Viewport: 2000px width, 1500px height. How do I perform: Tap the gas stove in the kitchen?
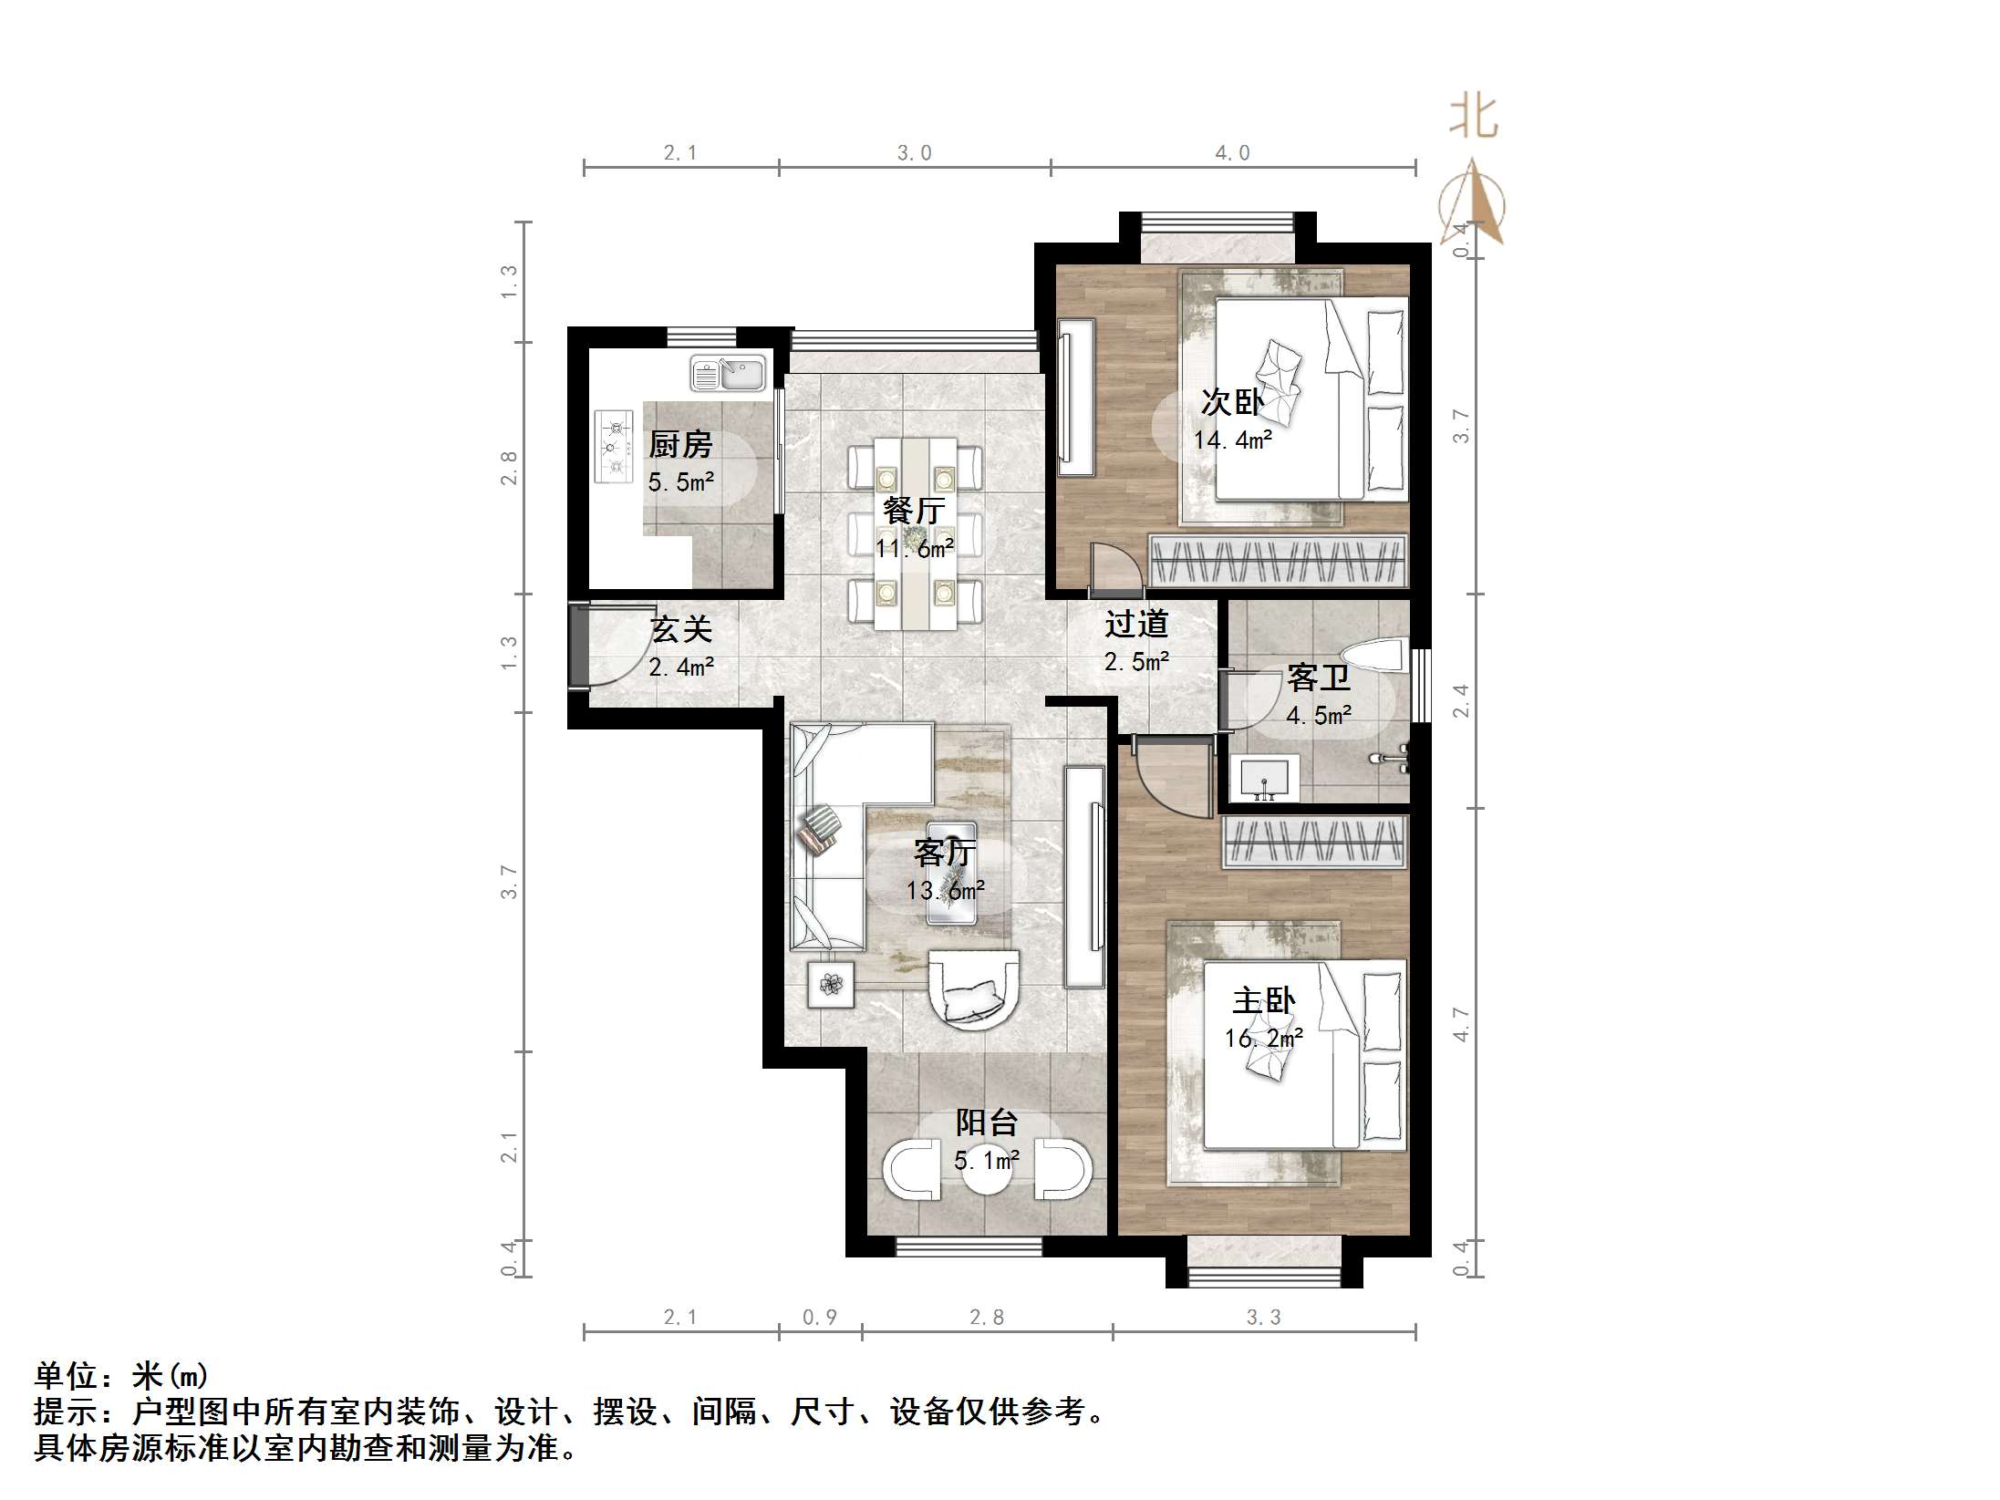click(x=614, y=446)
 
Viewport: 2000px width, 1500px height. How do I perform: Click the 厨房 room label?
click(x=679, y=445)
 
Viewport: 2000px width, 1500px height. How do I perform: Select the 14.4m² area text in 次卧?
click(x=1232, y=440)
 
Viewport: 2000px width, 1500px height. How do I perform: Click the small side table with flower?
click(x=831, y=984)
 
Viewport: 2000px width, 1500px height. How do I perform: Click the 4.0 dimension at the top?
click(x=1232, y=153)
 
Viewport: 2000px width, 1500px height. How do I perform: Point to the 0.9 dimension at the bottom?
click(x=819, y=1317)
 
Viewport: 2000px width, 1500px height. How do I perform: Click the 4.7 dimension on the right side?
click(x=1461, y=1023)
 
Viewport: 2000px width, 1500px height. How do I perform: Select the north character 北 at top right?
click(x=1473, y=118)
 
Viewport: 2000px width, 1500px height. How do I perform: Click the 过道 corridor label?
click(x=1136, y=624)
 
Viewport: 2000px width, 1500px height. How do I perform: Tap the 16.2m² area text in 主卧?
click(x=1263, y=1039)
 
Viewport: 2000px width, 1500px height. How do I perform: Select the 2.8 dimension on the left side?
click(x=509, y=468)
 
